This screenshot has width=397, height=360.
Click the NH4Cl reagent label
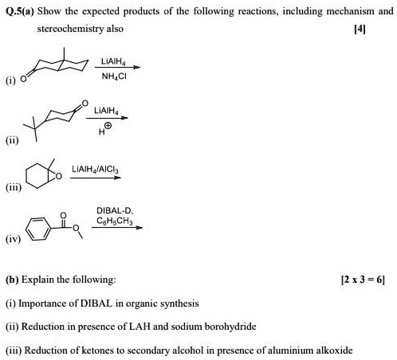pyautogui.click(x=114, y=76)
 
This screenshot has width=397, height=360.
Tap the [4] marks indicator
pyautogui.click(x=360, y=29)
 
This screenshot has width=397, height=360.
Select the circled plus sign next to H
pyautogui.click(x=108, y=125)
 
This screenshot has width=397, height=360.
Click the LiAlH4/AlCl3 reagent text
pyautogui.click(x=95, y=169)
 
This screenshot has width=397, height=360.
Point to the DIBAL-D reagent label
pyautogui.click(x=115, y=211)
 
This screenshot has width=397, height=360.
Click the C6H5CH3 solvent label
pyautogui.click(x=115, y=221)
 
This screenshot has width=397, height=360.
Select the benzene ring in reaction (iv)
pyautogui.click(x=38, y=229)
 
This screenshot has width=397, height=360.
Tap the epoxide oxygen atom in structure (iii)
pyautogui.click(x=59, y=176)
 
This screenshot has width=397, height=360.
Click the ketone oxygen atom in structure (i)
pyautogui.click(x=23, y=79)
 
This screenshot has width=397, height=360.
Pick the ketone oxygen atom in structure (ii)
pyautogui.click(x=85, y=104)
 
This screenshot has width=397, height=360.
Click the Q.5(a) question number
pyautogui.click(x=20, y=11)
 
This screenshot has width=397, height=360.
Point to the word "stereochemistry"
pyautogui.click(x=70, y=29)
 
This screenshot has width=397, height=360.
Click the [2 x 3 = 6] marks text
pyautogui.click(x=363, y=280)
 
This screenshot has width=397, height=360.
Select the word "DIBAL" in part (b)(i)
pyautogui.click(x=96, y=303)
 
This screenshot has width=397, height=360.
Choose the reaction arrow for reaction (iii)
pyautogui.click(x=96, y=178)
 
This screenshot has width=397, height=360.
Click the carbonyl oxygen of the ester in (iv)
pyautogui.click(x=63, y=215)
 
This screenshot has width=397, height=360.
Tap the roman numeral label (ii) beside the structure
pyautogui.click(x=12, y=140)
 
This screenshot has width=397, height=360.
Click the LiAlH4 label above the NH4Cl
pyautogui.click(x=113, y=61)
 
